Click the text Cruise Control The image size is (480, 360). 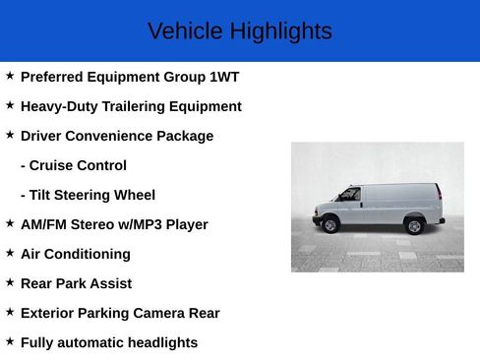(x=74, y=165)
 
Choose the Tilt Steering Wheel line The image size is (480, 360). (x=88, y=195)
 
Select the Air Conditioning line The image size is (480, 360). (x=76, y=254)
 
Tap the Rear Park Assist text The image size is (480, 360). (x=76, y=283)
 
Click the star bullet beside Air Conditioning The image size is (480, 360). (x=10, y=253)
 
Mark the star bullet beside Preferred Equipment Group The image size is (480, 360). (x=10, y=76)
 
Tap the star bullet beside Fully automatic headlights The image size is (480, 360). (x=10, y=341)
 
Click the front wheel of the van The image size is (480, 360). (x=330, y=225)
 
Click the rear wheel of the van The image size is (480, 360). (x=414, y=226)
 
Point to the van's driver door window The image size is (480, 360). (x=350, y=195)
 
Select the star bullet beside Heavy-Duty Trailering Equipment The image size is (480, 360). (x=10, y=105)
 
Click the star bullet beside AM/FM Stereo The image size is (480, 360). (x=10, y=223)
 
